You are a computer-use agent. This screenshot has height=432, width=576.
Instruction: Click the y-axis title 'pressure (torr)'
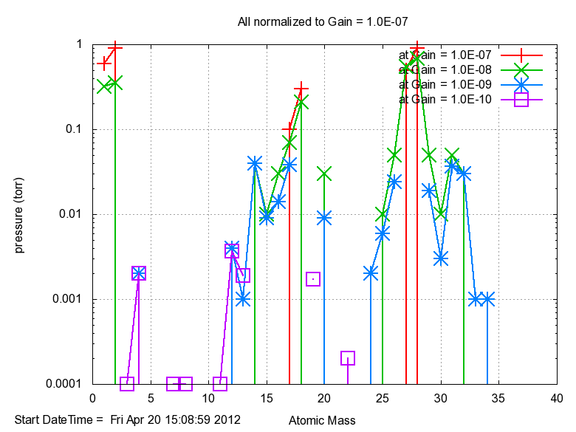[20, 214]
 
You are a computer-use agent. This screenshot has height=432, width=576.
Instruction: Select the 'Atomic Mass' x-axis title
[321, 420]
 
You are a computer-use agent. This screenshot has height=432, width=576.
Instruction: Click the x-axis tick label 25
[383, 398]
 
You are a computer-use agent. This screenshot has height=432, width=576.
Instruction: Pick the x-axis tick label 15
[267, 398]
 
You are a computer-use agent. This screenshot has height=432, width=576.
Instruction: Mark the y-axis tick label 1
[79, 44]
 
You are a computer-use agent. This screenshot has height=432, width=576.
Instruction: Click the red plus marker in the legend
[521, 55]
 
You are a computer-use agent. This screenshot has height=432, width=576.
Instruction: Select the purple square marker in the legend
[521, 99]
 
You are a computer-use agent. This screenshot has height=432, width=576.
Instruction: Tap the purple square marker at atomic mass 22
[348, 358]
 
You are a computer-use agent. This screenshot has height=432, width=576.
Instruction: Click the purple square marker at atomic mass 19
[313, 279]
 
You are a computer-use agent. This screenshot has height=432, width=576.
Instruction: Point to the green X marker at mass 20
[324, 174]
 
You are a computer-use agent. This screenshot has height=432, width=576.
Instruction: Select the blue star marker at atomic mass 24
[371, 273]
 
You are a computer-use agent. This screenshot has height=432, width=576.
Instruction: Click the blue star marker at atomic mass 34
[487, 299]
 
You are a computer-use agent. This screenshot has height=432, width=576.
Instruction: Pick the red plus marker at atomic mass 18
[301, 89]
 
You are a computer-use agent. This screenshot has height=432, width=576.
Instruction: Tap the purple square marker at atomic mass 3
[127, 384]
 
